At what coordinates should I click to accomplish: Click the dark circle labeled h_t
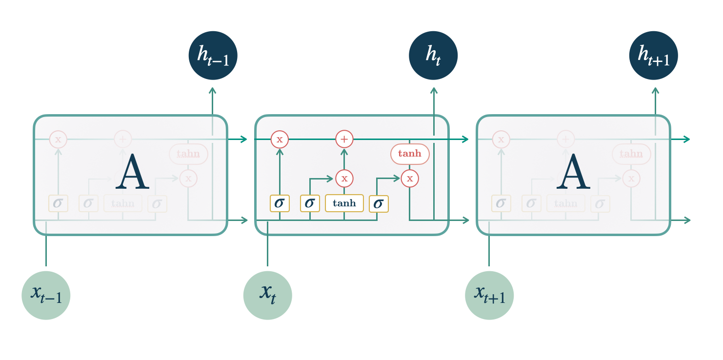click(x=433, y=56)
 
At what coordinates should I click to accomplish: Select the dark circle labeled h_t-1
click(x=213, y=56)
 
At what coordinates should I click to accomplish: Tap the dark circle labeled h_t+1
click(x=654, y=56)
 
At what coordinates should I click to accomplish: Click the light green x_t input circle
click(x=268, y=295)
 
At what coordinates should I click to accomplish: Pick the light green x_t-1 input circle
click(x=46, y=295)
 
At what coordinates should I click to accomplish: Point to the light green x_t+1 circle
click(x=489, y=295)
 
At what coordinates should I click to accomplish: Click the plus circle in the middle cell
click(x=344, y=140)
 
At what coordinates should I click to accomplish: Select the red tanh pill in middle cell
click(x=410, y=154)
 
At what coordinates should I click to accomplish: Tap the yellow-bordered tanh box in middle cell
click(x=344, y=203)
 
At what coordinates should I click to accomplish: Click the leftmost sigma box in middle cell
click(x=280, y=203)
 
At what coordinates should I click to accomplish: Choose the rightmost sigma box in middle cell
click(x=379, y=203)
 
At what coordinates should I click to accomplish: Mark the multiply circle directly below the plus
click(x=344, y=179)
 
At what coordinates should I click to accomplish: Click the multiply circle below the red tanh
click(x=410, y=179)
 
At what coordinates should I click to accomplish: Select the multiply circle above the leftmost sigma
click(x=280, y=140)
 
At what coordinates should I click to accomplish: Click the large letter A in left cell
click(x=132, y=172)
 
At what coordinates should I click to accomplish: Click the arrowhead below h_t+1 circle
click(x=655, y=91)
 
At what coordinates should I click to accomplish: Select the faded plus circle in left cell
click(x=122, y=140)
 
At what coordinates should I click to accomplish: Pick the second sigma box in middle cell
click(x=310, y=203)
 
